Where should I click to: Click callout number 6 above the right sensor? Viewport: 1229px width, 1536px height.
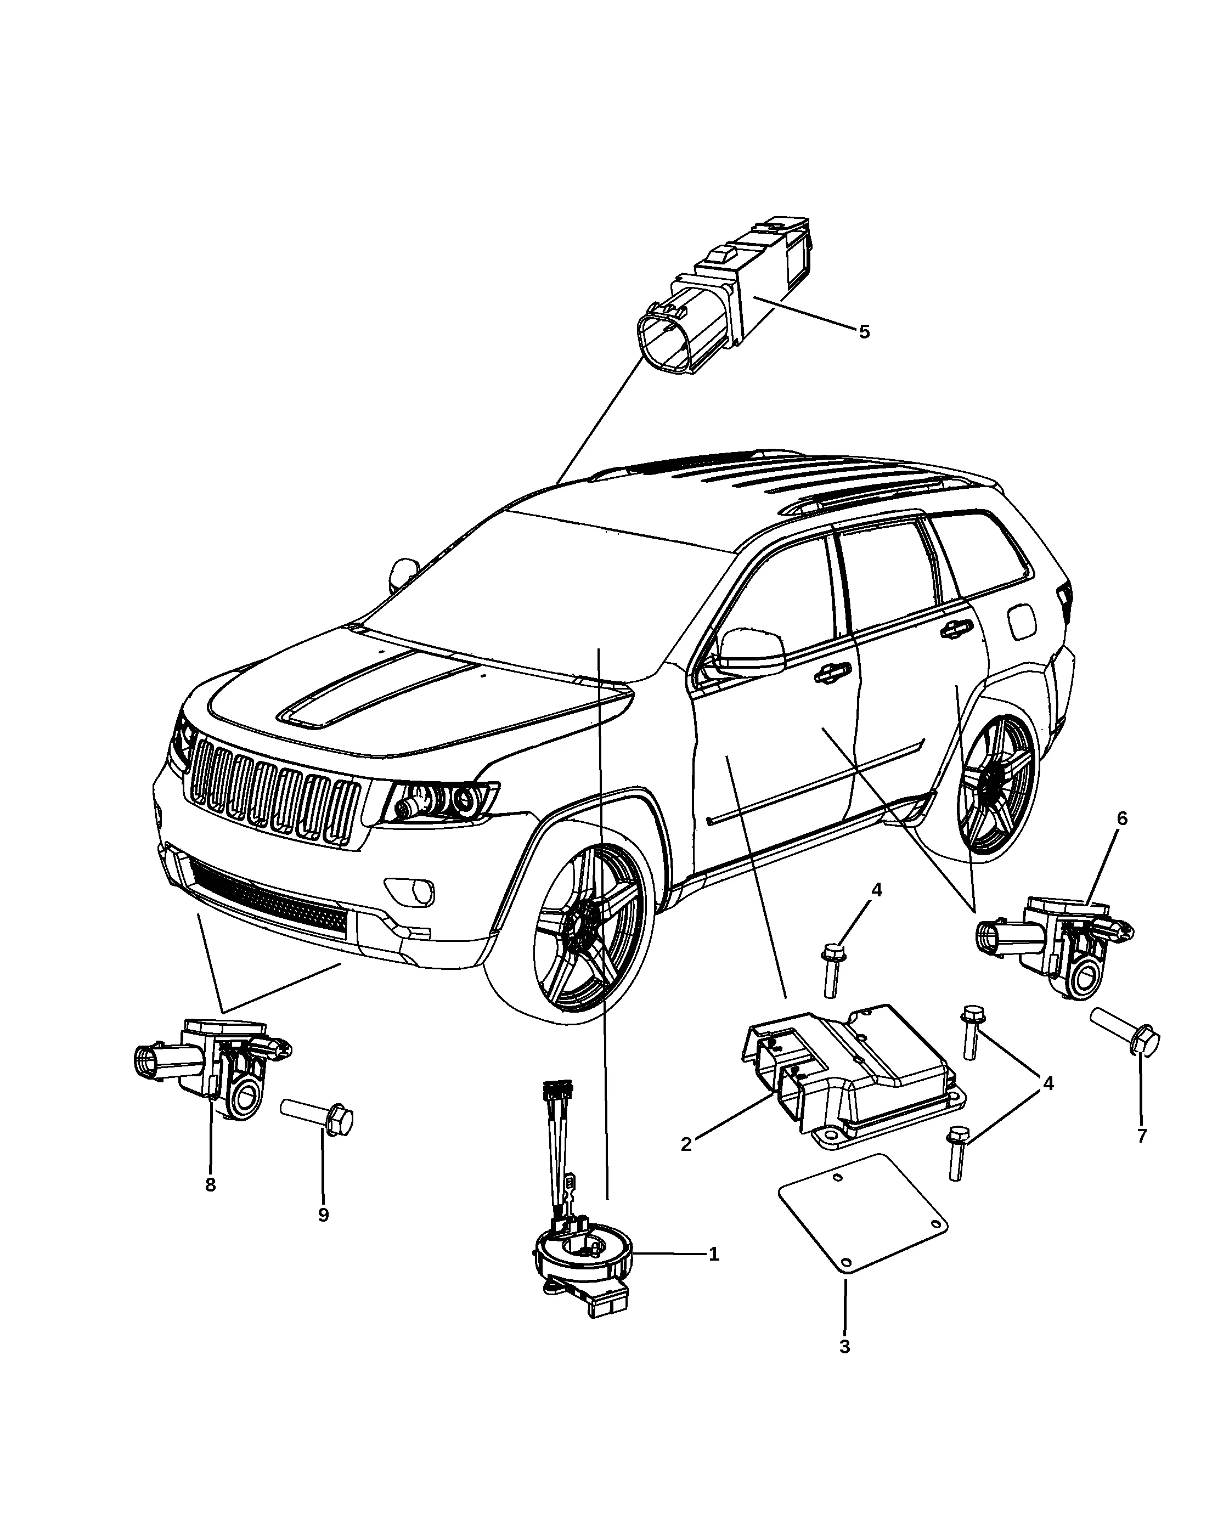(x=1122, y=818)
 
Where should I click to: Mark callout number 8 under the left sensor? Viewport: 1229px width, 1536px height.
(x=211, y=1185)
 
